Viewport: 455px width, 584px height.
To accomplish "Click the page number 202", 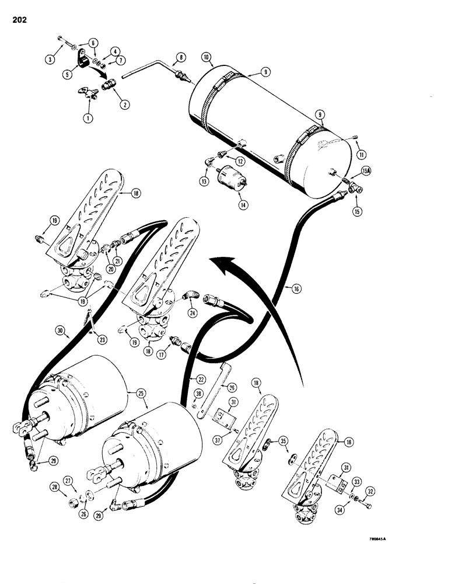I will (x=17, y=23).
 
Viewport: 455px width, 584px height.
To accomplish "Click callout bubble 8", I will (x=180, y=58).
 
